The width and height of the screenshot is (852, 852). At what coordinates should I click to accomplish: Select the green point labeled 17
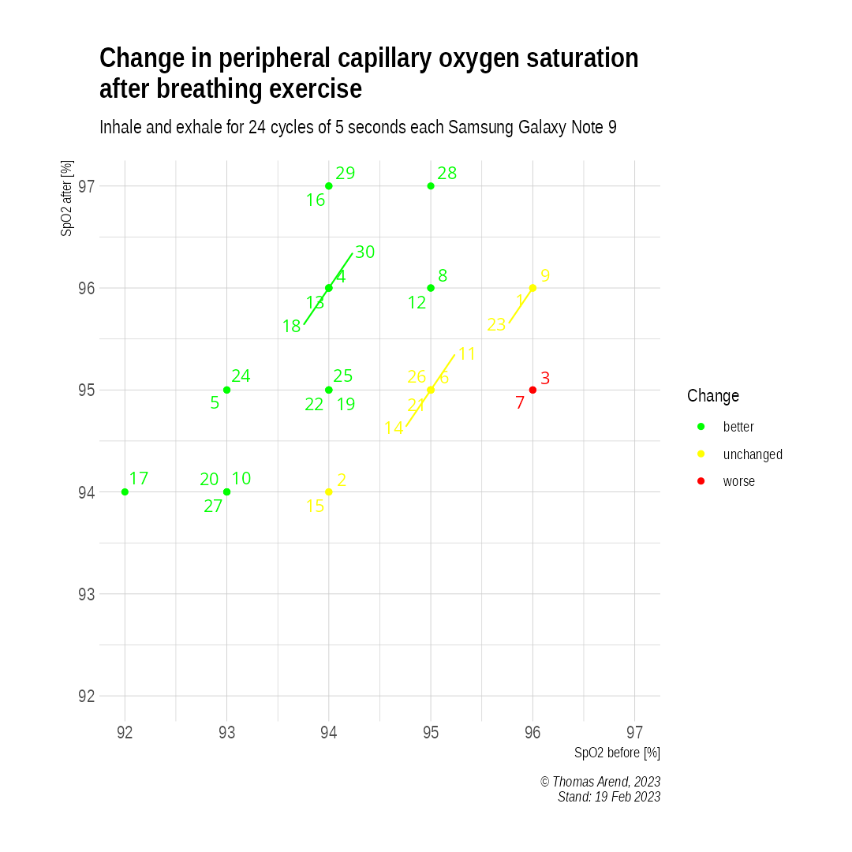(x=125, y=491)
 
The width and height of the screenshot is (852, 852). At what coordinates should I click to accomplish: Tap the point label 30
(x=364, y=252)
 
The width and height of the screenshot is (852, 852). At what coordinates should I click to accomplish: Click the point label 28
(x=447, y=174)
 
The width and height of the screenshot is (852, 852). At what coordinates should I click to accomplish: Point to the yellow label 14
(x=394, y=428)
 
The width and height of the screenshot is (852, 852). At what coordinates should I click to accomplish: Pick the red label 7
(x=520, y=403)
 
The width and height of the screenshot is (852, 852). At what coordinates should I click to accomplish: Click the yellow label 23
(x=496, y=325)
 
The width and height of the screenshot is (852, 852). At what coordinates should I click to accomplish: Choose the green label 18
(x=292, y=327)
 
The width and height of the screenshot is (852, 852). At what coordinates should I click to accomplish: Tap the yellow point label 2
(x=342, y=480)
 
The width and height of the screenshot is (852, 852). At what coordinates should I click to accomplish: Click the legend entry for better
(x=738, y=428)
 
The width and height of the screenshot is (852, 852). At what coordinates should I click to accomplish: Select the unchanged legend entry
(x=753, y=454)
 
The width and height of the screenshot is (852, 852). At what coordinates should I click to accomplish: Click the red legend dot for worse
(x=701, y=481)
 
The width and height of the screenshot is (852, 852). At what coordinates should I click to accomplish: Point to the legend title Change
(x=713, y=396)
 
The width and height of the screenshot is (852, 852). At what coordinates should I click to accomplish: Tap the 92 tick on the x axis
(x=125, y=733)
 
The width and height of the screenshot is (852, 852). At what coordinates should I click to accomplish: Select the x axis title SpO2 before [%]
(x=617, y=753)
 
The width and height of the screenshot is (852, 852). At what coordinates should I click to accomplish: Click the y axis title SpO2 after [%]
(x=68, y=198)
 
